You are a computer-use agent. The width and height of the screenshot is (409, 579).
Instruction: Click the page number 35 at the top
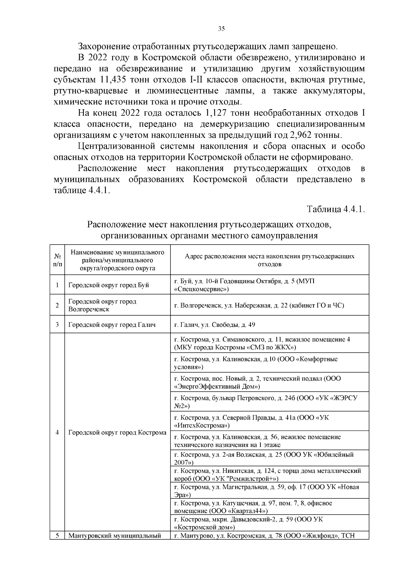pos(221,29)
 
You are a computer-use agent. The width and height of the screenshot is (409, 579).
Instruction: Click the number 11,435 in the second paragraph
pos(115,80)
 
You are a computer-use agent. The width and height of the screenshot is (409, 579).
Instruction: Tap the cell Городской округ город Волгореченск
pos(102,305)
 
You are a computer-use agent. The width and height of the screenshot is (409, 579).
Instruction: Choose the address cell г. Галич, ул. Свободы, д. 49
pos(214,325)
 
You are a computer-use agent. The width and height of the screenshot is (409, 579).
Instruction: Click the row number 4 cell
pos(57,433)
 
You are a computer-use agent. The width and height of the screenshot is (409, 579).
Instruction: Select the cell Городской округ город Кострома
pos(117,433)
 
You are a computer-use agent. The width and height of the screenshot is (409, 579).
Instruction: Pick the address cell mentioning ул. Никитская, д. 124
pos(267,475)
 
